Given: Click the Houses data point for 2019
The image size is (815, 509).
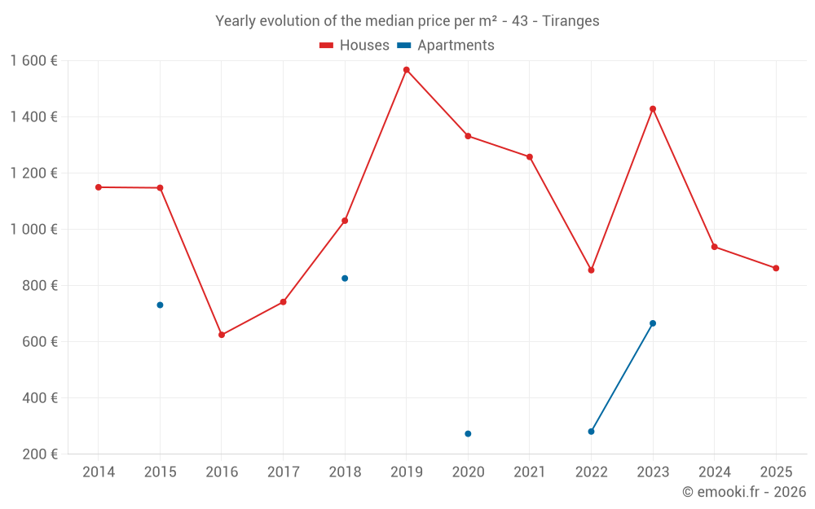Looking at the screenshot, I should tap(406, 70).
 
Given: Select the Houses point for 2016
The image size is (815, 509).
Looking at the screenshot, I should tap(222, 335).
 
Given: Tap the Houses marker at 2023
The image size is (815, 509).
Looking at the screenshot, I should tap(653, 109).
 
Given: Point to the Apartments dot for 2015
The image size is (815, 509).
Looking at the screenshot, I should tap(160, 305).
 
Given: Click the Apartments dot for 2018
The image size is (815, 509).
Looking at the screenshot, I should tap(345, 279).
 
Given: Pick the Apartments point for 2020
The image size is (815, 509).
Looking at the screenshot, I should tap(468, 434).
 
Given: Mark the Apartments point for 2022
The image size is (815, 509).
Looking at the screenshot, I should tap(591, 432).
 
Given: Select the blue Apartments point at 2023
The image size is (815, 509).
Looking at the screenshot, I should tap(653, 323).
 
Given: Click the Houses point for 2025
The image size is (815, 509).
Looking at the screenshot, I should tap(776, 268).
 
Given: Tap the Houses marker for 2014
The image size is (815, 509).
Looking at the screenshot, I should tap(99, 187).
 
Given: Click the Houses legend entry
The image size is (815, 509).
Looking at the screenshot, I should tap(355, 46).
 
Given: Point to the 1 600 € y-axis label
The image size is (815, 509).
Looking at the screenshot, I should tap(33, 61).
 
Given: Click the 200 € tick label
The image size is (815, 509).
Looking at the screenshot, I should tap(38, 454).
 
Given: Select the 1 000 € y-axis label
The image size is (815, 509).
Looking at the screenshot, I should tap(33, 230).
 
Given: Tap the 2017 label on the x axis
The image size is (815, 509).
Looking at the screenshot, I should tap(283, 472).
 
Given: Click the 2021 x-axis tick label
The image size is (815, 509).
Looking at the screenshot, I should tap(530, 472).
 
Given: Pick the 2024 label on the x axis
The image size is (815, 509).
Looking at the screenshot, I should tap(715, 472).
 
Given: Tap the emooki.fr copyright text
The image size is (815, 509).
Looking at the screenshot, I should tap(744, 492).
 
